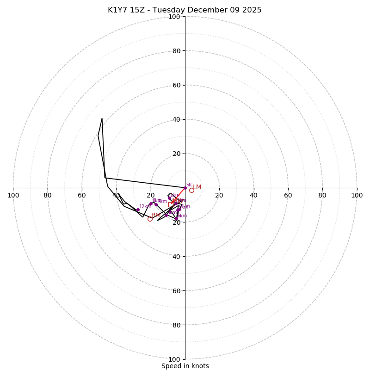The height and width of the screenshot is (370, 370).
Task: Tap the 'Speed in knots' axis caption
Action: (185, 366)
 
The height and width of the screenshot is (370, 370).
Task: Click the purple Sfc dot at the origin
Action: (185, 188)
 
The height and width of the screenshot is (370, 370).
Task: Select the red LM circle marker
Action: (191, 190)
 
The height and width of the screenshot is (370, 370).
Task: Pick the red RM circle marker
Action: (150, 219)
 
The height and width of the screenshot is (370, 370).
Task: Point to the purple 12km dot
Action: (138, 210)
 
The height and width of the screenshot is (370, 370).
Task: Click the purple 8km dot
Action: (151, 203)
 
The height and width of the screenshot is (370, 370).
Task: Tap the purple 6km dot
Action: (176, 219)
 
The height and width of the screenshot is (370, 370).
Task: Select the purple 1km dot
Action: (169, 198)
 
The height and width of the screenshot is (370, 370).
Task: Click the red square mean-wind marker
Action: (171, 204)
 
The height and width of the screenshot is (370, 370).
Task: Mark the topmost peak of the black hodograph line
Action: (102, 119)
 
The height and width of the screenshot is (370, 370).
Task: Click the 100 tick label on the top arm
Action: (174, 17)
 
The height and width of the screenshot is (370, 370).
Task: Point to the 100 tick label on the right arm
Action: (357, 195)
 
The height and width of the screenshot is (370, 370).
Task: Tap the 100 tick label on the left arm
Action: (13, 195)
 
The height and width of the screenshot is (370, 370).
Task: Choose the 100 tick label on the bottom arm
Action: (174, 359)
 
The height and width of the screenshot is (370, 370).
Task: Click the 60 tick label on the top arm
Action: (176, 85)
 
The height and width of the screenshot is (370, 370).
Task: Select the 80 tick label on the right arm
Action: (322, 195)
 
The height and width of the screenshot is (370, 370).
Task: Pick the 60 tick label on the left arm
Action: (82, 195)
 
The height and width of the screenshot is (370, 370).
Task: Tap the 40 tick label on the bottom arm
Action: (176, 256)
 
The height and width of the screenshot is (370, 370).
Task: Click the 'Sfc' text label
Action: (189, 185)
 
